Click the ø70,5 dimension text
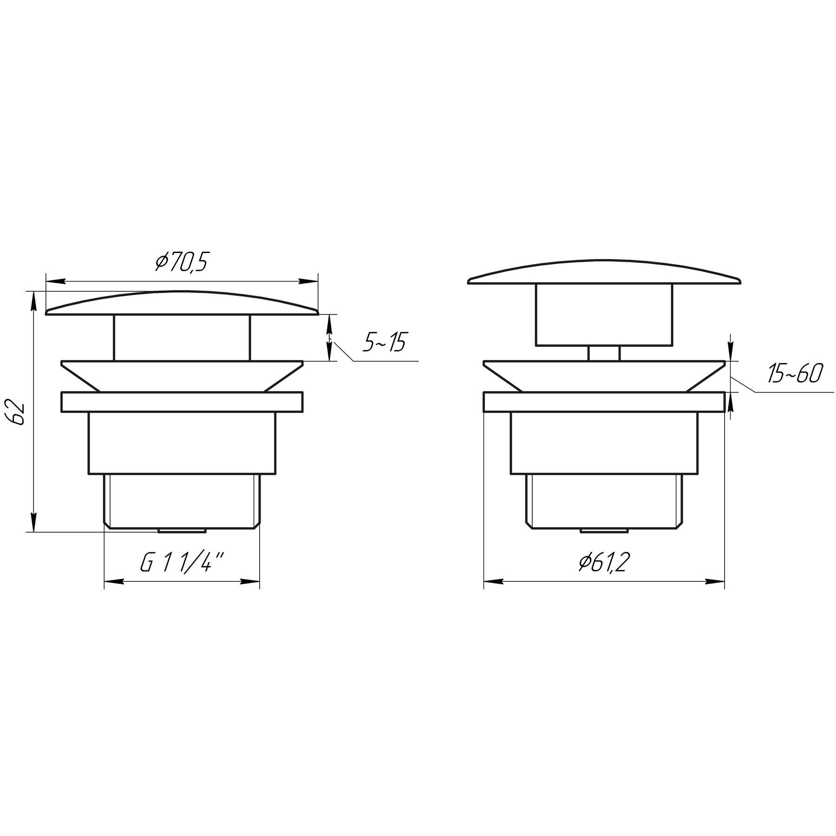pyautogui.click(x=181, y=263)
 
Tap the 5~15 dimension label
pyautogui.click(x=385, y=343)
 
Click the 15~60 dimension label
pyautogui.click(x=795, y=374)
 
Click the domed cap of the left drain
pyautogui.click(x=182, y=303)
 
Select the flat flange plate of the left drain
pyautogui.click(x=182, y=402)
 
